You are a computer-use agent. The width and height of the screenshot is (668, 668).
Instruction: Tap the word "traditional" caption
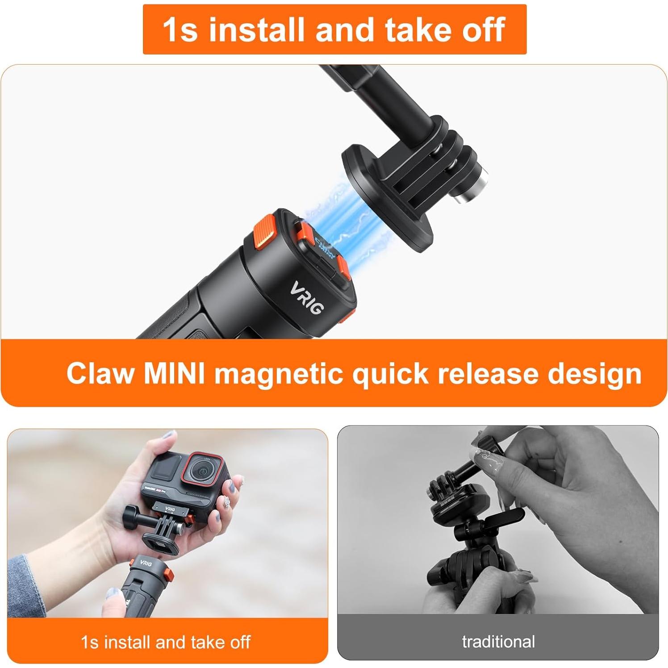coord(498,642)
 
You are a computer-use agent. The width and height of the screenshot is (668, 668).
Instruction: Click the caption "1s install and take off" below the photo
coord(166,642)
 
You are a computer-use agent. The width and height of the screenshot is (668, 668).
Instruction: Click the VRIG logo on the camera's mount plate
coord(170,509)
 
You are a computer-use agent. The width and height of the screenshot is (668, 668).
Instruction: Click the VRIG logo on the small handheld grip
coord(146,563)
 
